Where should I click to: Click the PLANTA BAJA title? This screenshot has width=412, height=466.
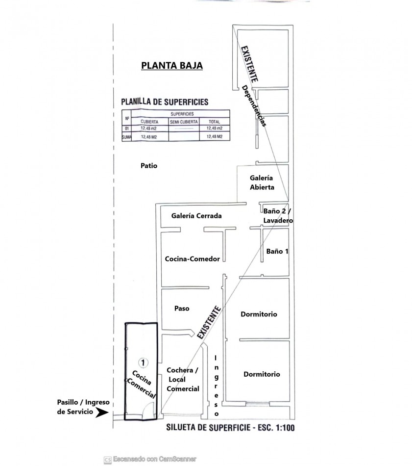[172, 65]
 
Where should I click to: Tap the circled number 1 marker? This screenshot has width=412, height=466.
[144, 362]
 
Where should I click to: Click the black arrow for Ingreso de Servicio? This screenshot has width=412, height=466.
[102, 413]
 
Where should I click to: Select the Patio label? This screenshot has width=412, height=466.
[149, 165]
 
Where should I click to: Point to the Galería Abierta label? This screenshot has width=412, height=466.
[262, 182]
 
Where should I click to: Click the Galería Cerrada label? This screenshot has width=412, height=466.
[196, 216]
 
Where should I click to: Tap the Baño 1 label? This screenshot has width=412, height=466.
[277, 251]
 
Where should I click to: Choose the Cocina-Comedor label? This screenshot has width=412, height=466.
[193, 259]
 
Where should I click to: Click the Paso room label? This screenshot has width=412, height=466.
[182, 309]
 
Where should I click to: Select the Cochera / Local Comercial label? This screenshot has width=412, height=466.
[183, 380]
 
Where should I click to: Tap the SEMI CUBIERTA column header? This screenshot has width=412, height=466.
[184, 122]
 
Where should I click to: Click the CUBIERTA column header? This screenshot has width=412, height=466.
[149, 122]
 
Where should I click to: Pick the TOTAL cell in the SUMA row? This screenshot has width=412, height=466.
[214, 137]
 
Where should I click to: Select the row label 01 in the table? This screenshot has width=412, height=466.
[127, 129]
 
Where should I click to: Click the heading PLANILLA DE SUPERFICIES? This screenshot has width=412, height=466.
[165, 102]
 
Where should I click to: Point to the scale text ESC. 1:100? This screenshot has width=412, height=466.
[277, 428]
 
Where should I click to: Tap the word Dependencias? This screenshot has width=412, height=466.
[253, 106]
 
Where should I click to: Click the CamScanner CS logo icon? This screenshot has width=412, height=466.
[107, 460]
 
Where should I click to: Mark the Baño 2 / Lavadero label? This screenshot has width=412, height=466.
[278, 216]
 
